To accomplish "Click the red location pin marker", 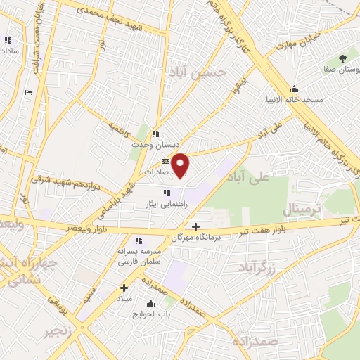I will tap(181, 165).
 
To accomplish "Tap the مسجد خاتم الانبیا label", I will tap(294, 101).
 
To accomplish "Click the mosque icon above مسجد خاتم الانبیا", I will tap(294, 89).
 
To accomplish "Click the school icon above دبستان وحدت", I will tap(155, 134).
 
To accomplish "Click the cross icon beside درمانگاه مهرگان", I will tap(195, 226).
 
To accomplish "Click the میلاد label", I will tap(124, 299).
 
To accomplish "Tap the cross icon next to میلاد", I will tap(124, 287).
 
